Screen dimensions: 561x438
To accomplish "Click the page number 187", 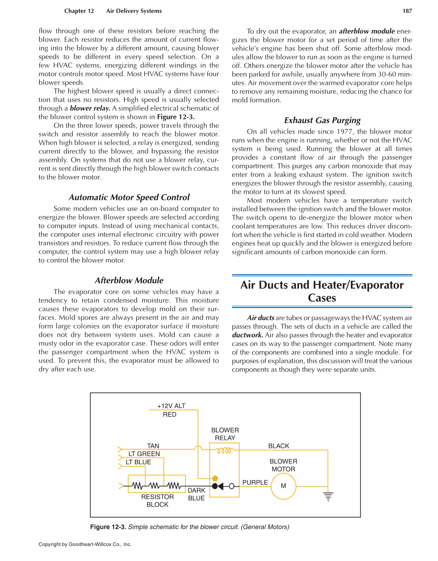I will point(407,11).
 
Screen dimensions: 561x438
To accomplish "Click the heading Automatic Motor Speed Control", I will point(129,197).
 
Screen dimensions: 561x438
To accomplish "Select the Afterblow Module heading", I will point(129,280).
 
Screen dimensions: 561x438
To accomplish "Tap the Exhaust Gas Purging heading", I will point(322,120).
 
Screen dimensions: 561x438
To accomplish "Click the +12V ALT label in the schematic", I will point(171,406).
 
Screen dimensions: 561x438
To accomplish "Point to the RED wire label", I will point(169,415).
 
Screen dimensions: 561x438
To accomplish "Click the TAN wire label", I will point(153,446).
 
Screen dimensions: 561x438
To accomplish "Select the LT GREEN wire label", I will point(144,454).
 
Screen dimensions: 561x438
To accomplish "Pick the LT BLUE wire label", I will point(138,462).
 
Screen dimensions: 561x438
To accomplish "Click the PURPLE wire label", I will point(255,482).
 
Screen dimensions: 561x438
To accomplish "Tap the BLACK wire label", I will point(278,446).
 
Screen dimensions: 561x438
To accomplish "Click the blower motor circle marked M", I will point(283,486).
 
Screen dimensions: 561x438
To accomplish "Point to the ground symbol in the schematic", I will point(328,497).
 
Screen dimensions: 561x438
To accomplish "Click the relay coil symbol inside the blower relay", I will point(224,451).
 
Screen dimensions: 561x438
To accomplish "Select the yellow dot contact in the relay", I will point(215,478).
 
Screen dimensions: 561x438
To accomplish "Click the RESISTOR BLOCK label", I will point(157,501).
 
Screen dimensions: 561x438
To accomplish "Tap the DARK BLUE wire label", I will point(196,494).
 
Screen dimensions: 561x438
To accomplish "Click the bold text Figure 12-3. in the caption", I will point(108,527).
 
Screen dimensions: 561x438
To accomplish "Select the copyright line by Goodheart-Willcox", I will point(85,544).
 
